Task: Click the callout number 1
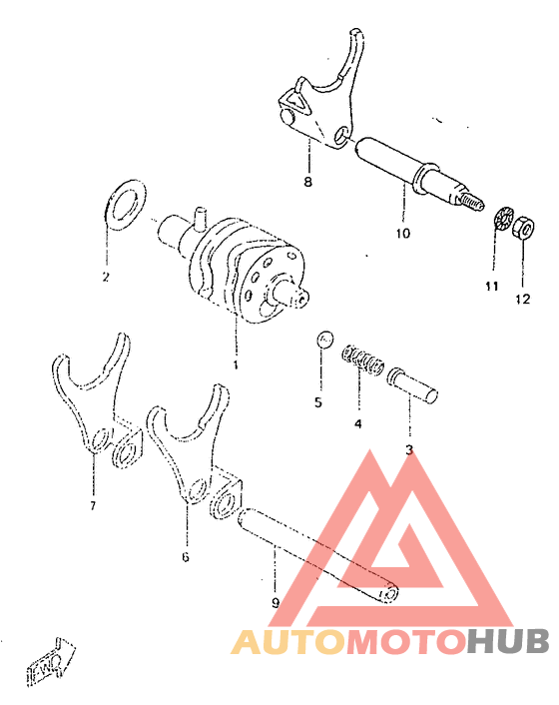pyautogui.click(x=237, y=364)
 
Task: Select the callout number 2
pyautogui.click(x=105, y=277)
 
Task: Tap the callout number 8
pyautogui.click(x=307, y=182)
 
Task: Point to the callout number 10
pyautogui.click(x=402, y=234)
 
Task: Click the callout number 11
pyautogui.click(x=491, y=287)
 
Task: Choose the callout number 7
pyautogui.click(x=92, y=506)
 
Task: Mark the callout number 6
pyautogui.click(x=185, y=556)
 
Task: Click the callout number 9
pyautogui.click(x=275, y=602)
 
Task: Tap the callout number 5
pyautogui.click(x=318, y=403)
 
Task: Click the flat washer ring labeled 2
pyautogui.click(x=125, y=204)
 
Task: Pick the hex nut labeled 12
pyautogui.click(x=521, y=232)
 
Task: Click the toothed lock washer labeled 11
pyautogui.click(x=504, y=219)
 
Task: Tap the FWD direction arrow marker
pyautogui.click(x=52, y=661)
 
